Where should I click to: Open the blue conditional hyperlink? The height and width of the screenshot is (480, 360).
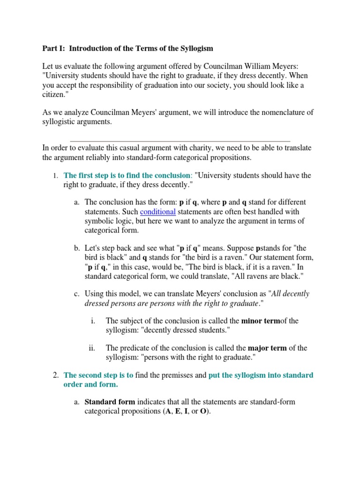coord(158,212)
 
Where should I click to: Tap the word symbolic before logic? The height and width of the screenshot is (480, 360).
coord(100,221)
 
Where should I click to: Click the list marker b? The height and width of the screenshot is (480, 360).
coord(76,248)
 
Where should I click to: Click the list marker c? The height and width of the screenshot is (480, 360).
coord(76,294)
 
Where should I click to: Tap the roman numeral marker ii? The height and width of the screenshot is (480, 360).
coord(92,348)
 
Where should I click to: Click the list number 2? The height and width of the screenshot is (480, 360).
coord(55,375)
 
